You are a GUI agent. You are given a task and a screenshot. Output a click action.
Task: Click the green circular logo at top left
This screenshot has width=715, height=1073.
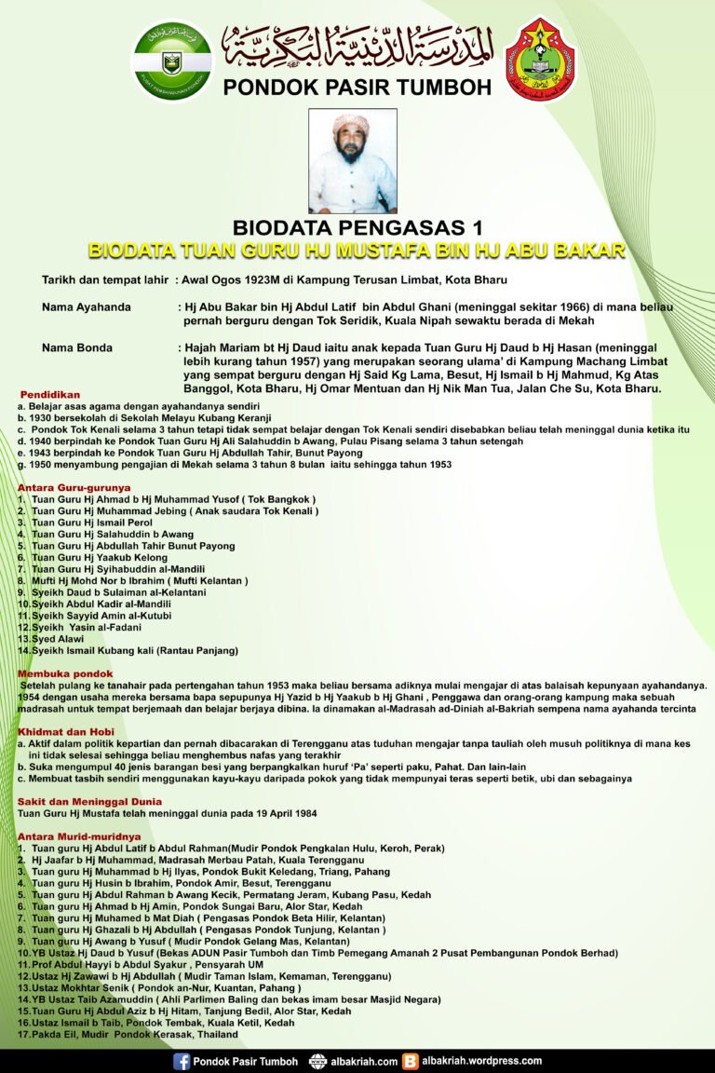point(172,61)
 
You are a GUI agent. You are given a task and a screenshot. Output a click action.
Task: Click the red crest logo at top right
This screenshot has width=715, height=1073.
point(540,61)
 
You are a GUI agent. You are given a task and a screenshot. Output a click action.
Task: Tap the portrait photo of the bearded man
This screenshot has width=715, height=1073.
point(353,161)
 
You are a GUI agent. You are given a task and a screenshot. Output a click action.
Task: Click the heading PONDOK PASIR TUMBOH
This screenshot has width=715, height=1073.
point(357,88)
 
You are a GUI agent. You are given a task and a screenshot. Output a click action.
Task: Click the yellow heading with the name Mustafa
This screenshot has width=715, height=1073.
point(357,251)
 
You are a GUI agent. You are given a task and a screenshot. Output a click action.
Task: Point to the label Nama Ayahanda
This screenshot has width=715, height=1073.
point(87,306)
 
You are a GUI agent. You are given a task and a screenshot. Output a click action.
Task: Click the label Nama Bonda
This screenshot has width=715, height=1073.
point(77,347)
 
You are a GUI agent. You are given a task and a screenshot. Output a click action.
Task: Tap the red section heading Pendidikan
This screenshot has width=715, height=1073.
point(49,395)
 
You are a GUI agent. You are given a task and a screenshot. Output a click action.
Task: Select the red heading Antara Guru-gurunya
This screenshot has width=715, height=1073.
point(74,487)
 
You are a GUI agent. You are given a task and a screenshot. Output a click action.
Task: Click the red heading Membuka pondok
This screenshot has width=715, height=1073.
point(65,672)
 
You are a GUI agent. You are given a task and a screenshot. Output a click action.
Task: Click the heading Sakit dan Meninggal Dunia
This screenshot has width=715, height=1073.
point(89,801)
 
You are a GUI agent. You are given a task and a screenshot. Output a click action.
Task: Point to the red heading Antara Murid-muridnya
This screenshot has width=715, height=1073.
point(79,836)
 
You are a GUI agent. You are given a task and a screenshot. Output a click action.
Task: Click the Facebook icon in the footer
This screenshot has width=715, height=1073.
point(182,1061)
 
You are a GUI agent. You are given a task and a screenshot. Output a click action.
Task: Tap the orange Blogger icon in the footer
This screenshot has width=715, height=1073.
point(411,1061)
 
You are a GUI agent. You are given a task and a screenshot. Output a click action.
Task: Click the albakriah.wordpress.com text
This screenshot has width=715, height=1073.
point(481,1061)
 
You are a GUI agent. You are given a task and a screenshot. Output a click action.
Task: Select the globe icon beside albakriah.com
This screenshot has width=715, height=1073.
point(317,1061)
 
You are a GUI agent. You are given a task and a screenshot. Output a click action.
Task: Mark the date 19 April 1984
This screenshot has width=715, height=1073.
point(280,813)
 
